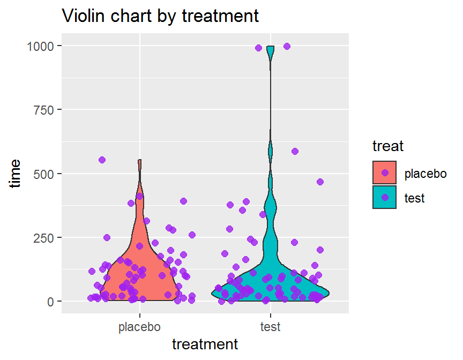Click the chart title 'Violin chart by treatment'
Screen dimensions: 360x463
tap(161, 16)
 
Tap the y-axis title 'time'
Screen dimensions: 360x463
tap(16, 173)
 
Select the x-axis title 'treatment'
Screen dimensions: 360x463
tap(205, 344)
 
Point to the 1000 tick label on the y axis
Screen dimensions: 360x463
tap(41, 46)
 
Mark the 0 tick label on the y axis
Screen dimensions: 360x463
tap(51, 302)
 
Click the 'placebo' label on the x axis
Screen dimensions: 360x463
tap(139, 326)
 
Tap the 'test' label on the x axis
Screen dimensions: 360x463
tap(270, 326)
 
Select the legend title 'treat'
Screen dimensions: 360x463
tap(388, 146)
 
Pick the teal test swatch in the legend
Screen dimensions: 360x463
tap(385, 197)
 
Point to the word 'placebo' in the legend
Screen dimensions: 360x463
tap(425, 173)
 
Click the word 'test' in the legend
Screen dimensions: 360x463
tap(414, 198)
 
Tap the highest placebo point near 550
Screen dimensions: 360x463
tap(102, 160)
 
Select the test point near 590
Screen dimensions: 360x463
tap(295, 151)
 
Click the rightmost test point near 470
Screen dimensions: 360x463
tap(320, 182)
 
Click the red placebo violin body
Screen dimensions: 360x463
tap(140, 268)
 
